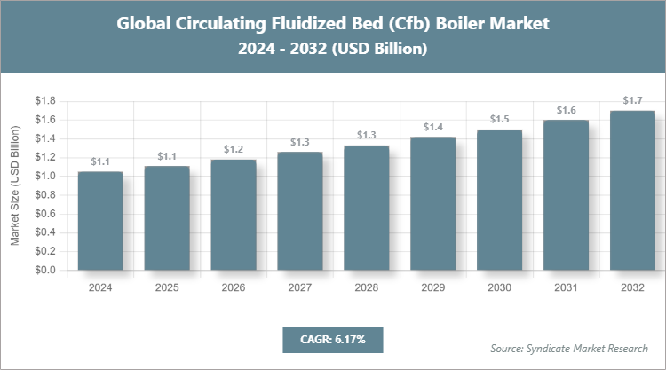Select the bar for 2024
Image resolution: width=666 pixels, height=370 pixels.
[x=100, y=221]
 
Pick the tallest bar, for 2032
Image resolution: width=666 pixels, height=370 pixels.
[x=632, y=191]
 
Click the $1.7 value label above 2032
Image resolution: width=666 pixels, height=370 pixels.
[x=632, y=100]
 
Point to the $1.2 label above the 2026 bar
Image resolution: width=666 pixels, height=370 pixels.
[x=234, y=149]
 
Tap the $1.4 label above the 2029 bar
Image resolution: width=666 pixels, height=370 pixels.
[x=433, y=127]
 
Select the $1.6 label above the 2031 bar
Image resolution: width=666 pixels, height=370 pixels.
[x=566, y=110]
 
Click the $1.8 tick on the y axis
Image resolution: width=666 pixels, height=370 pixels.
[x=44, y=101]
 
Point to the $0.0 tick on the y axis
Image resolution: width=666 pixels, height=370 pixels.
[x=44, y=270]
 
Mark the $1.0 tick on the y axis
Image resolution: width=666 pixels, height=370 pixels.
[x=44, y=176]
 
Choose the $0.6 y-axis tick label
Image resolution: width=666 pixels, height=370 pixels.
[x=44, y=214]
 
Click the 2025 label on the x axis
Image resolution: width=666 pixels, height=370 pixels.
[x=167, y=287]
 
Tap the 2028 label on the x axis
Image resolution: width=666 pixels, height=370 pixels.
[x=366, y=287]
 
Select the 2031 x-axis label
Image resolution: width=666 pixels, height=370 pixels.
[x=566, y=287]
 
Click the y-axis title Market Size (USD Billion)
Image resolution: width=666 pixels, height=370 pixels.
[x=15, y=185]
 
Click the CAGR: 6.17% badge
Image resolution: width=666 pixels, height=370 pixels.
[x=332, y=339]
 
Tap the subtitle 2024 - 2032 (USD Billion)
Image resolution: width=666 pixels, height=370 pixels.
[x=332, y=50]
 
